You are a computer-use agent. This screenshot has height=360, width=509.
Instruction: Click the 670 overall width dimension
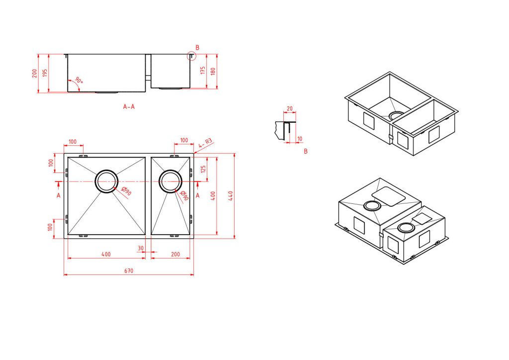pyautogui.click(x=129, y=270)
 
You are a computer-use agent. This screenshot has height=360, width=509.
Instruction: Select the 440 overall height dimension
pyautogui.click(x=231, y=196)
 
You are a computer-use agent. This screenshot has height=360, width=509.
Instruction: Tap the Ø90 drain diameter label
pyautogui.click(x=126, y=191)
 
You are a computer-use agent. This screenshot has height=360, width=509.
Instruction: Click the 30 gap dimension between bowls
pyautogui.click(x=141, y=248)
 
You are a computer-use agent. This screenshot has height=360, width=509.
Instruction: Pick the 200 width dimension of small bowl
pyautogui.click(x=175, y=254)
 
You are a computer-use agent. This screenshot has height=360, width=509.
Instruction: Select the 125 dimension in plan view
pyautogui.click(x=203, y=169)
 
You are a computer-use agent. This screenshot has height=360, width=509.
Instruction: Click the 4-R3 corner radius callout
pyautogui.click(x=205, y=143)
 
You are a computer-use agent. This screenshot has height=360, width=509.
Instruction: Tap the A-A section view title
pyautogui.click(x=129, y=106)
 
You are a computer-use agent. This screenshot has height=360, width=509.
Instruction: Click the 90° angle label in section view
pyautogui.click(x=79, y=80)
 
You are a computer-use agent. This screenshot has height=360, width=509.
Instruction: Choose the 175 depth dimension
pyautogui.click(x=203, y=71)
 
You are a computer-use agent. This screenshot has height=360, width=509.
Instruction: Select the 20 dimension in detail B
pyautogui.click(x=290, y=109)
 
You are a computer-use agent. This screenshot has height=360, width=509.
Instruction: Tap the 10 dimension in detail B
pyautogui.click(x=300, y=139)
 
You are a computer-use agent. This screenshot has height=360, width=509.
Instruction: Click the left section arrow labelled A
pyautogui.click(x=58, y=184)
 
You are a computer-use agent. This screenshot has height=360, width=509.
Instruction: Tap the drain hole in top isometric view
pyautogui.click(x=396, y=116)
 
